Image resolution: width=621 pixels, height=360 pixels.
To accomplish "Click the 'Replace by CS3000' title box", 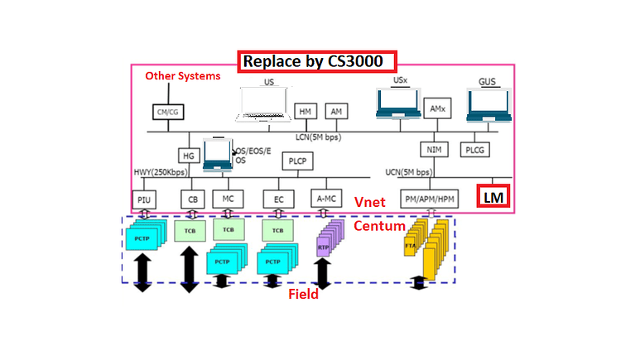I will click(318, 61).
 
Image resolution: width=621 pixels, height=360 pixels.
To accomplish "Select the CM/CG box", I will click(166, 112).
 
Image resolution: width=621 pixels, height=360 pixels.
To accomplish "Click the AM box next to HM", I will click(335, 111).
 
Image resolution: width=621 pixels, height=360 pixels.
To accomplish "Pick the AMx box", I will click(436, 109).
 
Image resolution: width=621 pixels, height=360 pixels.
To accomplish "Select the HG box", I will click(188, 155).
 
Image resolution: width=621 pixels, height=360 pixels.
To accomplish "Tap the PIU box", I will click(144, 199).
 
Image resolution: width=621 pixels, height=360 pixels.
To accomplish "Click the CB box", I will click(192, 199).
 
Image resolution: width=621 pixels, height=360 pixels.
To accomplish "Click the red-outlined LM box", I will click(494, 197).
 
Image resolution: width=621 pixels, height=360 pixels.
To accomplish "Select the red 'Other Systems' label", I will click(183, 76).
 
